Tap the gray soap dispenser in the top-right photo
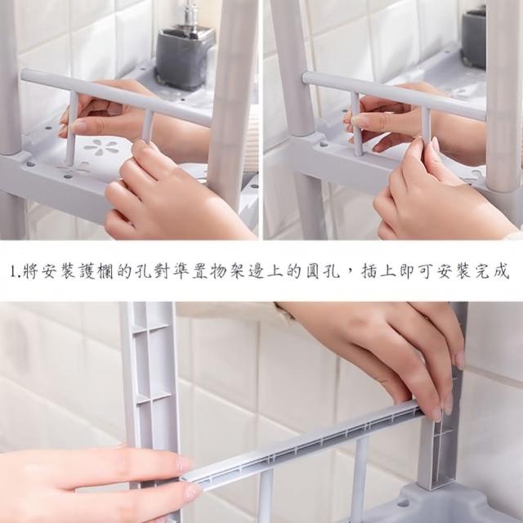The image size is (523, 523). point(474,39)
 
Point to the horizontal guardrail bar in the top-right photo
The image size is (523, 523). point(394,95)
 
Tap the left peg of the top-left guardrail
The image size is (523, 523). point(71,128)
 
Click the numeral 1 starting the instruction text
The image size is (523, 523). point(13,271)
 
